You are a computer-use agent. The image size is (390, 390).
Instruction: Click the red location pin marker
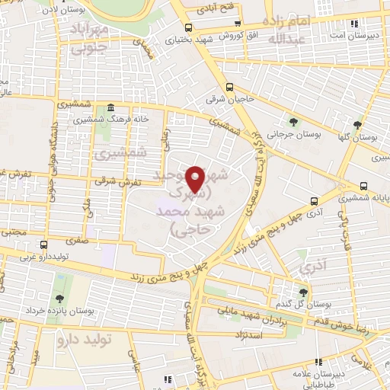(197, 178)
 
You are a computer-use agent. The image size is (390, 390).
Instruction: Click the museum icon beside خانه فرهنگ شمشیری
(111, 107)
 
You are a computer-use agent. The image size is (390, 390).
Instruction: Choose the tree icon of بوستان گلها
(357, 124)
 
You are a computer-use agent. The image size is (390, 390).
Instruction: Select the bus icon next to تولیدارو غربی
(43, 245)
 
